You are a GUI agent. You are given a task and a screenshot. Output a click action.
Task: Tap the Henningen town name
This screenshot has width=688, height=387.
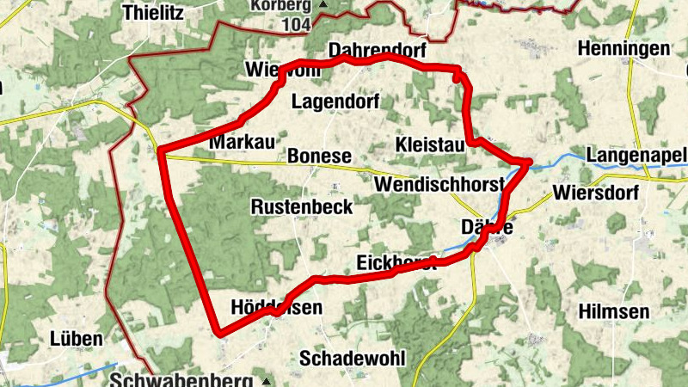[x=623, y=48]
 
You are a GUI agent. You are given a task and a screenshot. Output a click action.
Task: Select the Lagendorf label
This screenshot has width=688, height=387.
[x=335, y=101]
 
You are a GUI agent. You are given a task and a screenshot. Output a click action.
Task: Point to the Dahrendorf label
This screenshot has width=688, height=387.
[x=377, y=51]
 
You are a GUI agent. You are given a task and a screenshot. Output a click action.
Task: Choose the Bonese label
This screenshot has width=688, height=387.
[x=320, y=156]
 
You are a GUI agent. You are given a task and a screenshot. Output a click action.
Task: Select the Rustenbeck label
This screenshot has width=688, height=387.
[x=302, y=206]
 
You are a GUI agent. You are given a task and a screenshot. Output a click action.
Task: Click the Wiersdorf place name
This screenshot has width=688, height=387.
[x=597, y=192]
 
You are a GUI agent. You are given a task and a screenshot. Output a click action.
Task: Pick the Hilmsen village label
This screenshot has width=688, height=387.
[x=614, y=310]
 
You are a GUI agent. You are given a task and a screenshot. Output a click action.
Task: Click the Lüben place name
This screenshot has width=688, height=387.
[x=77, y=338]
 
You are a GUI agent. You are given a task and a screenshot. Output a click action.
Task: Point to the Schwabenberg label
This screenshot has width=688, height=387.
[x=181, y=379]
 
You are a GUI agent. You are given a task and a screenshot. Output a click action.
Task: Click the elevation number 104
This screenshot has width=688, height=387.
[x=296, y=24]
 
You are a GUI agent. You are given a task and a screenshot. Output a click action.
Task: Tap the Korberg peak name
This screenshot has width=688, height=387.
[x=280, y=5]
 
